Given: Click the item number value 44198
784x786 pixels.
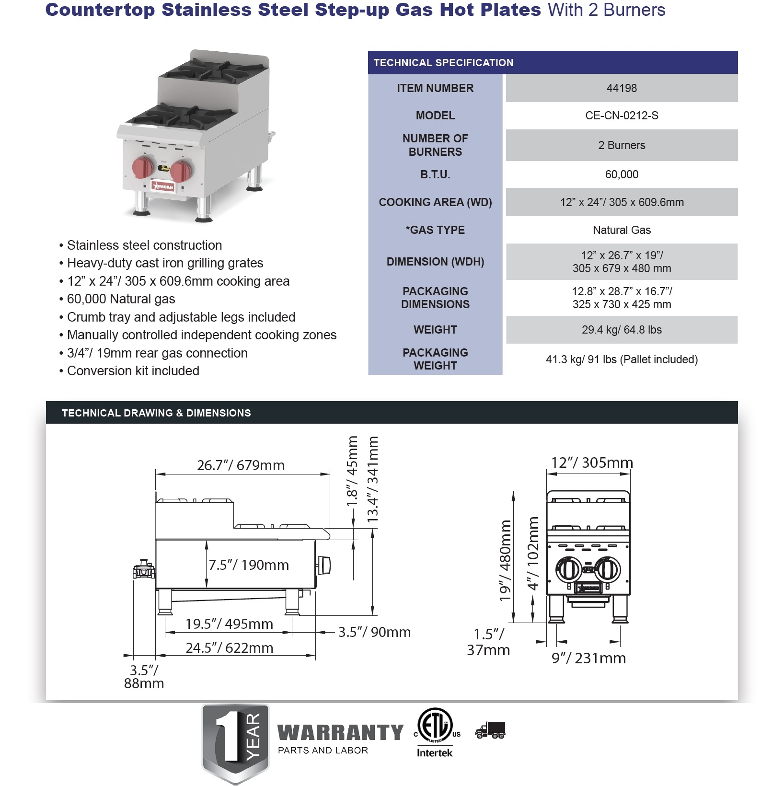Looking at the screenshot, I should click(622, 88).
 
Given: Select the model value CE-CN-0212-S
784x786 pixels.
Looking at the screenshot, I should click(622, 116).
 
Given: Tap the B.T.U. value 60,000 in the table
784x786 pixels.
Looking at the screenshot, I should click(622, 174).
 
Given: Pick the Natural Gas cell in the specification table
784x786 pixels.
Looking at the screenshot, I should click(622, 230).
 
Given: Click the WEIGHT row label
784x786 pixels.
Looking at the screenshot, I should click(435, 330).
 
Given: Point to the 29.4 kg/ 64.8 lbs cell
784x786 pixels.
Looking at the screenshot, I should click(622, 330).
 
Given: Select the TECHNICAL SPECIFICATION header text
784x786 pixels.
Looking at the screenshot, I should click(443, 63).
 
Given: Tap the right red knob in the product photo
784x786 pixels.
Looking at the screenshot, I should click(181, 171).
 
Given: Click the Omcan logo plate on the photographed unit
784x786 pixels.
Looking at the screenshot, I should click(163, 186).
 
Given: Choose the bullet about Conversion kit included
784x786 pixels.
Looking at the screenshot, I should click(133, 371).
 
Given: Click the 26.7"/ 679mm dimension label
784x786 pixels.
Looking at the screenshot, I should click(241, 465).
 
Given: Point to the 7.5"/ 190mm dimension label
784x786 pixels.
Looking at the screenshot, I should click(249, 565).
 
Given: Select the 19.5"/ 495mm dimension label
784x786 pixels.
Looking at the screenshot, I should click(229, 624).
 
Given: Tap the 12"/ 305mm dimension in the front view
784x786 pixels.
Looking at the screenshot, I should click(592, 462).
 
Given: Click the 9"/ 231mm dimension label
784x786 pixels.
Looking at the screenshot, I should click(588, 659).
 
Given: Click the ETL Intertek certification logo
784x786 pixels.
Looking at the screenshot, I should click(435, 732).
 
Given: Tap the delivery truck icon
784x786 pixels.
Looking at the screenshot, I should click(490, 730).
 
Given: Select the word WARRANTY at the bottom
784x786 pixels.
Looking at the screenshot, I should click(340, 733).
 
